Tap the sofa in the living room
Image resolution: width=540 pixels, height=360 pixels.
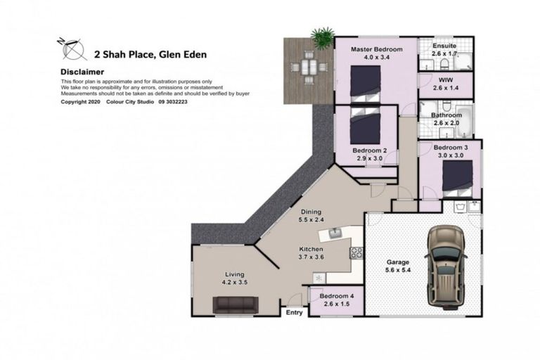236,304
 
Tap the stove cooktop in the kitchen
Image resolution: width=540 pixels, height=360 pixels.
356,252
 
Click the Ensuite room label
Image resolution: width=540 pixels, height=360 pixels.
445,44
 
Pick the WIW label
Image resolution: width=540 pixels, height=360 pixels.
445,81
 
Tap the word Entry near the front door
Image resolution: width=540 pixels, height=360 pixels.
294,313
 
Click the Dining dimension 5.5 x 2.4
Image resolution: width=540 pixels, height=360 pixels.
311,219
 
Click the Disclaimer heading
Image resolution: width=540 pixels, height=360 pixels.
82,72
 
